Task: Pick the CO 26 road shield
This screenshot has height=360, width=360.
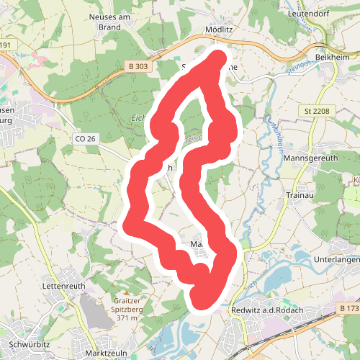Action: (x=85, y=138)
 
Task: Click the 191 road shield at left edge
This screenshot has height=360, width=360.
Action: (x=6, y=45)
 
